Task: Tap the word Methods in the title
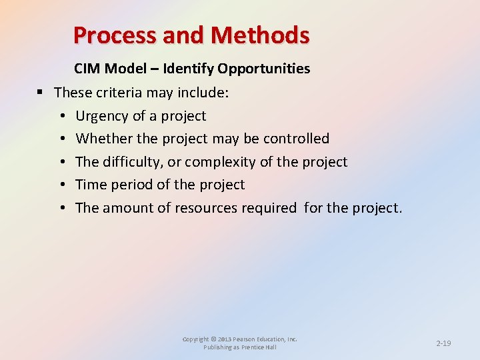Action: coord(261,35)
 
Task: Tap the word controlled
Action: coord(297,139)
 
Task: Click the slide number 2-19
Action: coord(443,343)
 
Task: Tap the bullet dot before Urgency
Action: coord(61,116)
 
